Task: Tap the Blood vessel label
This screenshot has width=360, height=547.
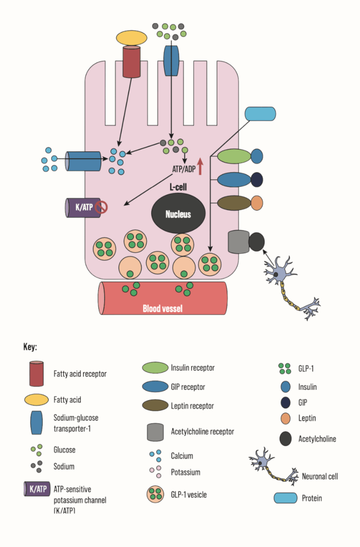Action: pyautogui.click(x=163, y=308)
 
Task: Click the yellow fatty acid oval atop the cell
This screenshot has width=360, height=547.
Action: pyautogui.click(x=131, y=37)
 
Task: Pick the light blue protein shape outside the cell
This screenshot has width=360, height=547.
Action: pyautogui.click(x=260, y=114)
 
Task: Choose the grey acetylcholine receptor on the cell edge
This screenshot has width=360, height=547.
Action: pyautogui.click(x=238, y=241)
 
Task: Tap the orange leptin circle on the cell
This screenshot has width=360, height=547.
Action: pyautogui.click(x=256, y=203)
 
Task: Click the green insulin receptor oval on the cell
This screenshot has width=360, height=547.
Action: pyautogui.click(x=234, y=156)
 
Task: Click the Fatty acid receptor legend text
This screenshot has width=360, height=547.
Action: pyautogui.click(x=80, y=373)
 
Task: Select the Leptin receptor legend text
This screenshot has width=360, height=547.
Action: pyautogui.click(x=193, y=406)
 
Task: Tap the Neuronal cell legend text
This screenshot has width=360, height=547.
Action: pyautogui.click(x=320, y=476)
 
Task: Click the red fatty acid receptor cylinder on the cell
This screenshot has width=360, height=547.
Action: pyautogui.click(x=131, y=61)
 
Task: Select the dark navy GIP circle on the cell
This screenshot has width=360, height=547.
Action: pyautogui.click(x=256, y=179)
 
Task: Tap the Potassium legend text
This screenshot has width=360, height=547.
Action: pyautogui.click(x=185, y=472)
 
